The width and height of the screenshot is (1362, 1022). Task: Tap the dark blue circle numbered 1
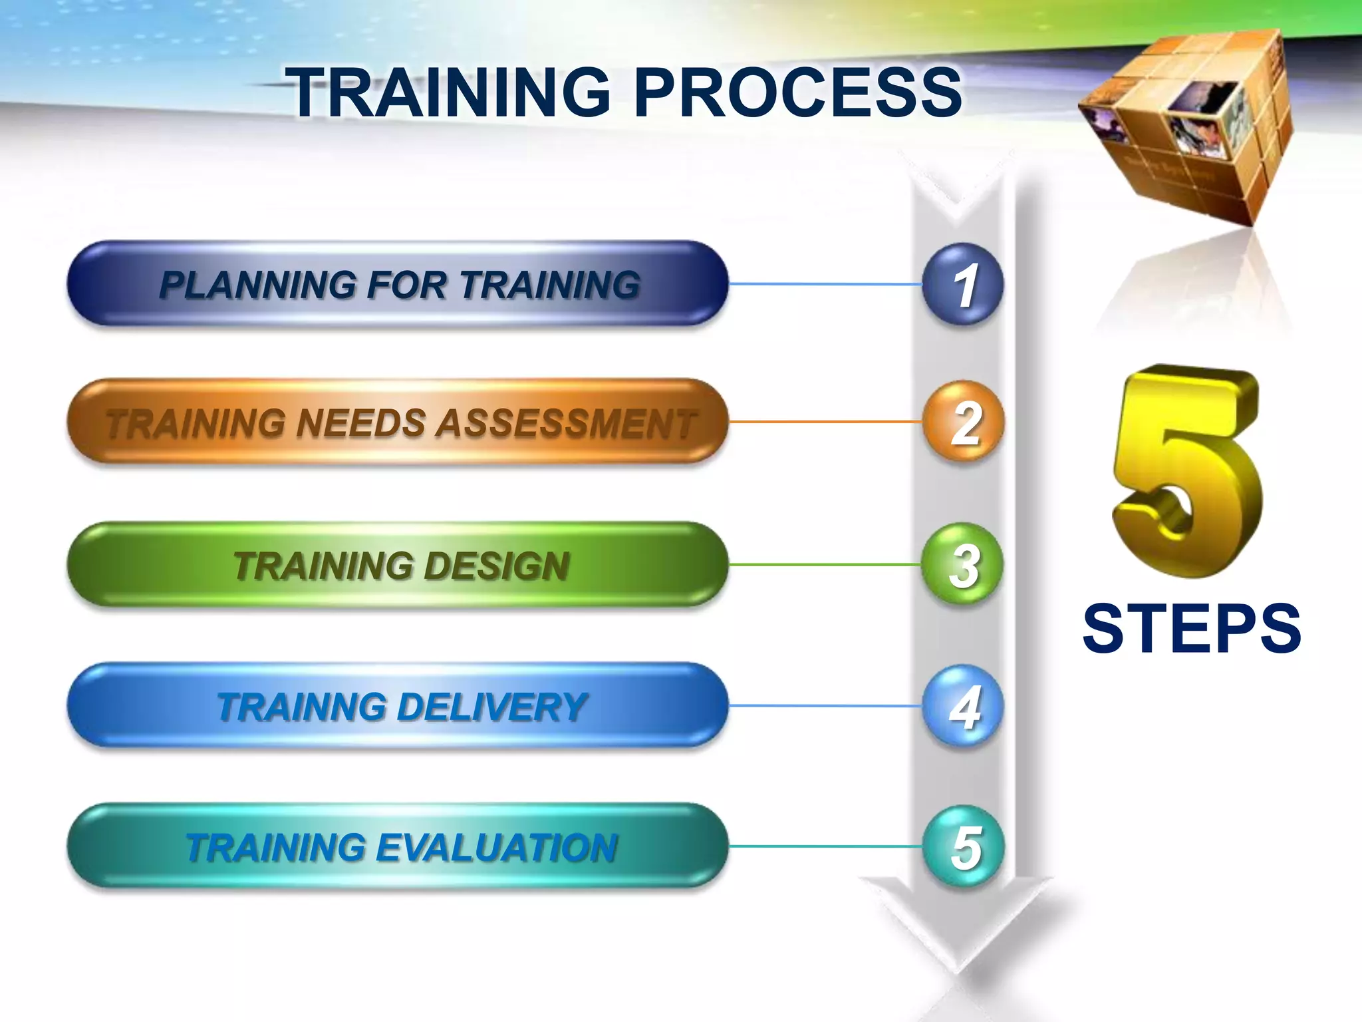(x=962, y=284)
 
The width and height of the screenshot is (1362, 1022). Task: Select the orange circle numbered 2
(x=962, y=422)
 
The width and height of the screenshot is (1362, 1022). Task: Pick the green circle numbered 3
(x=962, y=565)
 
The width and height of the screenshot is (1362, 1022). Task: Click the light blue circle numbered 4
(x=962, y=706)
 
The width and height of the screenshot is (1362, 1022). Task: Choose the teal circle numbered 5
(x=962, y=846)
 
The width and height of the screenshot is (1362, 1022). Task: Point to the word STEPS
(x=1191, y=628)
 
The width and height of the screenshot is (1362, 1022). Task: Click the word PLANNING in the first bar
(x=257, y=285)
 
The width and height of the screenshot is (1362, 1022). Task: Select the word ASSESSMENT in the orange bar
(x=565, y=423)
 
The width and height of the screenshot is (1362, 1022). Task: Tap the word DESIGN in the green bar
(x=496, y=566)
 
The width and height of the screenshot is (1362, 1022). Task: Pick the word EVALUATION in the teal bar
(x=496, y=848)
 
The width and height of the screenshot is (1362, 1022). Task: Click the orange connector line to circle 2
(x=825, y=422)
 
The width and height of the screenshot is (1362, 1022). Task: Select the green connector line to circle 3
(x=825, y=565)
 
